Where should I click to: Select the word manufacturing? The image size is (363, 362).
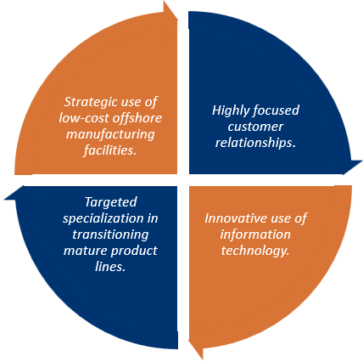click(x=110, y=134)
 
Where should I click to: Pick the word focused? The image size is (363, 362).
click(x=276, y=110)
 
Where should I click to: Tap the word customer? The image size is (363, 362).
click(x=255, y=127)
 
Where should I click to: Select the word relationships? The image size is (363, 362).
click(x=255, y=143)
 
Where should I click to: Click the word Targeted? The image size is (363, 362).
click(x=111, y=203)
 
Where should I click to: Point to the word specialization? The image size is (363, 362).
click(x=103, y=218)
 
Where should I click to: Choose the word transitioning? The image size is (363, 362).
click(x=110, y=235)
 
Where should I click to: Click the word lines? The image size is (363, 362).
click(x=110, y=267)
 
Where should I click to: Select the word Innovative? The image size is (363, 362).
click(x=236, y=218)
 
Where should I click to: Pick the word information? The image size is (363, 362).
click(x=255, y=235)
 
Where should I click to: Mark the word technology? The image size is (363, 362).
click(x=255, y=252)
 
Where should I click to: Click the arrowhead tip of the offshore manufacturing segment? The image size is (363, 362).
click(x=178, y=20)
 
